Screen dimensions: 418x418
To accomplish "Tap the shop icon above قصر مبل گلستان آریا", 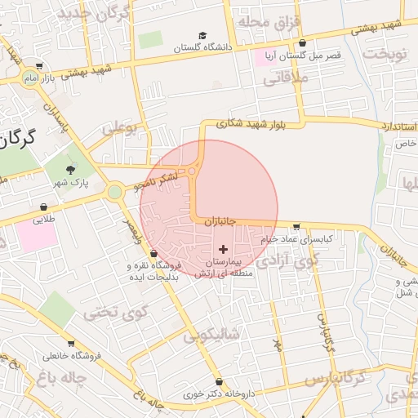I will [303, 43].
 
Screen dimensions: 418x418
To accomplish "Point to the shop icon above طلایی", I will [42, 207].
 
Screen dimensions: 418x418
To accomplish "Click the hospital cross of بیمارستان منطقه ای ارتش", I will [223, 248].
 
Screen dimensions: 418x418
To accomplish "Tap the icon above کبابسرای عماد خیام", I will [296, 226].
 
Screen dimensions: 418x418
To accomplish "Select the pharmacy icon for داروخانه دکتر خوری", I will [219, 382].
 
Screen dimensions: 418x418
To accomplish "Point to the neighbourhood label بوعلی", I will [117, 128].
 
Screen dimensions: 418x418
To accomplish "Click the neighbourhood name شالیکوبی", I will [211, 334].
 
